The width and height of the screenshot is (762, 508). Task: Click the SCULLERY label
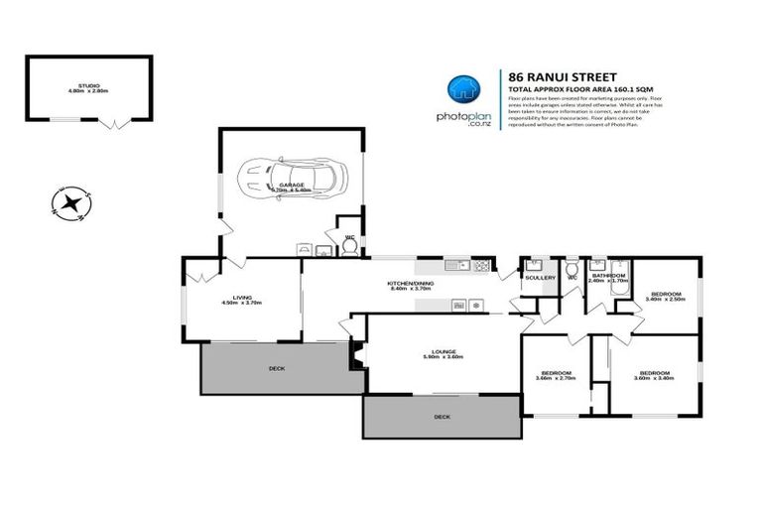click(x=540, y=278)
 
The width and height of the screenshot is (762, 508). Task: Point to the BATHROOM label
click(x=608, y=275)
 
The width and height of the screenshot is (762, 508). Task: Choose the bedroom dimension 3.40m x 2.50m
click(x=666, y=301)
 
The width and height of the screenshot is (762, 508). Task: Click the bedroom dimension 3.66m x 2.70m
click(x=556, y=378)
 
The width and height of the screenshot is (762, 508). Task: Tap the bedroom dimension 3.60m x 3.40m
click(x=655, y=378)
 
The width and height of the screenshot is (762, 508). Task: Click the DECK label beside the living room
click(x=276, y=368)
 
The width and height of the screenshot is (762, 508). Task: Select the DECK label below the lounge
click(x=442, y=417)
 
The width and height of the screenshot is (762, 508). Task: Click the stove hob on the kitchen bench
click(x=481, y=266)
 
